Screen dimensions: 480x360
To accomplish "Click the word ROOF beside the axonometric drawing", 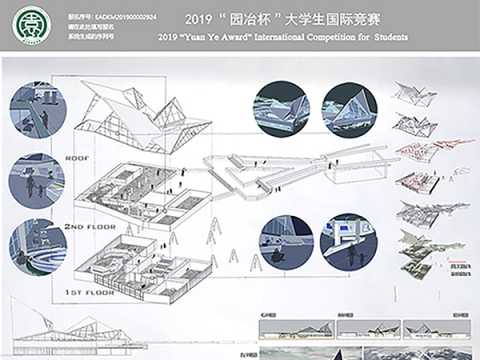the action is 77,157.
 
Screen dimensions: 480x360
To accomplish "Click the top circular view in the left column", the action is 36,110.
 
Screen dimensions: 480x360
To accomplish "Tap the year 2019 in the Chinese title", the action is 202,18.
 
